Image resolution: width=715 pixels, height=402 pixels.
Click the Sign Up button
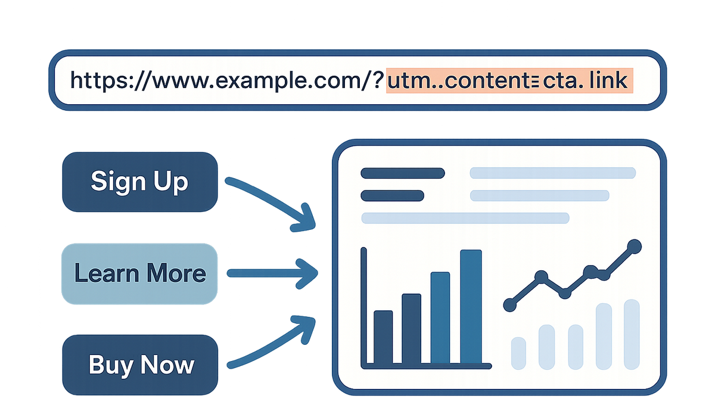[x=140, y=182]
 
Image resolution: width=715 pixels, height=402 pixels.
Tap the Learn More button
[x=139, y=274]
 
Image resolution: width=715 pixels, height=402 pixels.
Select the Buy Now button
[x=140, y=364]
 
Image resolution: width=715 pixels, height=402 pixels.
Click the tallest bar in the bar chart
[x=471, y=307]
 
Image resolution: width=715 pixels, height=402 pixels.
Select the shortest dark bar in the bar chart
[x=383, y=337]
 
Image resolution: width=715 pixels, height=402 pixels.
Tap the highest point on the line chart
[x=634, y=247]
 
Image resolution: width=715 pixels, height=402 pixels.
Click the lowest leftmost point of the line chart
[x=510, y=305]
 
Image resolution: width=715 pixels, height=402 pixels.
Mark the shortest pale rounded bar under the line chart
[x=518, y=353]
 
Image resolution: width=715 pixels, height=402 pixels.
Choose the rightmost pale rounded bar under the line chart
[x=632, y=334]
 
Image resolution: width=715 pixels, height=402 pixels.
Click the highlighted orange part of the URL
[x=509, y=80]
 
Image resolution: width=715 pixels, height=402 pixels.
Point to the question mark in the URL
[x=378, y=80]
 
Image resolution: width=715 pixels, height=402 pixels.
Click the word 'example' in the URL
[x=259, y=81]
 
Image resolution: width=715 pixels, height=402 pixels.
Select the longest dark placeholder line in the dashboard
[x=403, y=173]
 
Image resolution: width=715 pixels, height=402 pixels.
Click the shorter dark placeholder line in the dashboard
[x=392, y=195]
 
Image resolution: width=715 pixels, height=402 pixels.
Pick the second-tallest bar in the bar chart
[x=440, y=318]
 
